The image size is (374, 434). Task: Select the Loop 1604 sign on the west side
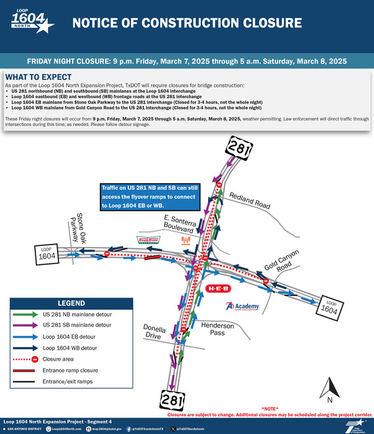(47, 254)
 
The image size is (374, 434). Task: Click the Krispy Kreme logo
(148, 240)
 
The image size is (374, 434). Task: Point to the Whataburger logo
(186, 241)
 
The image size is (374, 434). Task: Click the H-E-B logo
(218, 288)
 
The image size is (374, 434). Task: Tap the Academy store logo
(241, 306)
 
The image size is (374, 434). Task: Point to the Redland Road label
(249, 201)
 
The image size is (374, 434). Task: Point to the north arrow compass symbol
(330, 387)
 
